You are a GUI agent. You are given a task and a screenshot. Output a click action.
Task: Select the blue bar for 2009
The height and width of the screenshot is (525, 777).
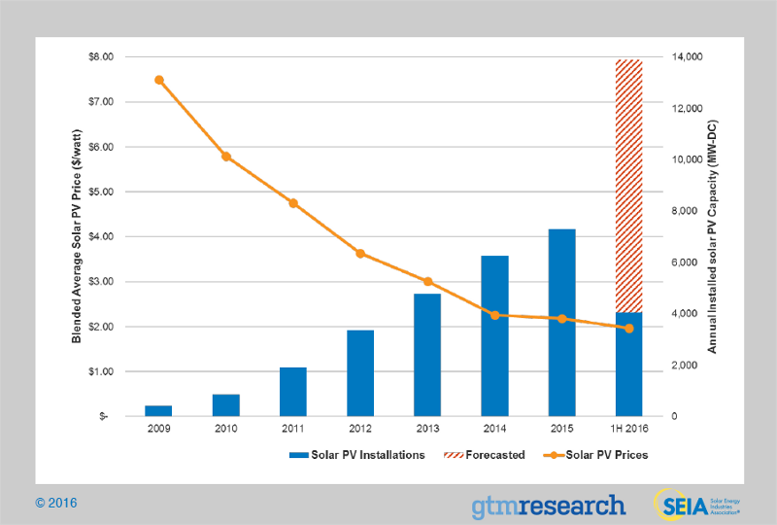click(158, 410)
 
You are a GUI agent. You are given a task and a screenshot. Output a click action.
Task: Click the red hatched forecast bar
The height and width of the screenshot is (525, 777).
click(628, 185)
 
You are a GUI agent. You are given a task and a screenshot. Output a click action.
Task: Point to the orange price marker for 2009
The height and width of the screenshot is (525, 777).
click(158, 80)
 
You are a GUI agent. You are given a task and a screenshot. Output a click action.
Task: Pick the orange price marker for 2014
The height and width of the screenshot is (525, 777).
click(494, 315)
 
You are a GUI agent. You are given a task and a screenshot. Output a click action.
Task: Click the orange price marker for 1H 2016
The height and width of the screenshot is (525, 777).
click(628, 329)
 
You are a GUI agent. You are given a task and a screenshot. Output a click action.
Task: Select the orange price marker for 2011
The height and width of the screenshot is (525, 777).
click(293, 203)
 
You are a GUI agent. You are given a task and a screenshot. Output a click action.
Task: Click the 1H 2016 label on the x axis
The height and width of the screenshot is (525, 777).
click(628, 429)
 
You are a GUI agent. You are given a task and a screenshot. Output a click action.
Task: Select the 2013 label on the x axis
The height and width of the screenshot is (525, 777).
click(427, 429)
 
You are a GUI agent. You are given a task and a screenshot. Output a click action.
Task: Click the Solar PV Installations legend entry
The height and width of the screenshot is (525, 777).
click(356, 454)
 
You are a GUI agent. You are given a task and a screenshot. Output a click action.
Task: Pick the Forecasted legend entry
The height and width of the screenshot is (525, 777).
click(485, 454)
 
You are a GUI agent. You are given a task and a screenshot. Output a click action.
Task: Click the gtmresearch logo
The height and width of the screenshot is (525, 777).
click(548, 505)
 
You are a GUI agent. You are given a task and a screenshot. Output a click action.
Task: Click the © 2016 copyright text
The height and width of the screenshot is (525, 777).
click(55, 503)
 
